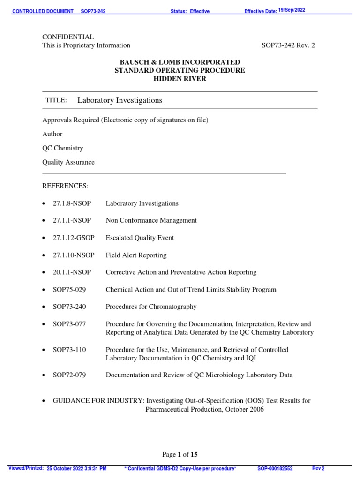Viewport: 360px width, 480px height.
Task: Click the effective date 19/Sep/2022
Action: pos(292,10)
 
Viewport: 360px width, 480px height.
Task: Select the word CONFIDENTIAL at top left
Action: pos(68,37)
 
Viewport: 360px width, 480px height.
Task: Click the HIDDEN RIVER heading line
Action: pos(180,79)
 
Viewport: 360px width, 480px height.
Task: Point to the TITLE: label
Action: pos(56,100)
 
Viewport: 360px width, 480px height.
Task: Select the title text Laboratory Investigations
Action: pos(120,100)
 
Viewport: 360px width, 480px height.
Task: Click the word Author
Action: pos(52,134)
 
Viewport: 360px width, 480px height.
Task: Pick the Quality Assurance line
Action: pos(68,162)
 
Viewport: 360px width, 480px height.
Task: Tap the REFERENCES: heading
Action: pos(65,186)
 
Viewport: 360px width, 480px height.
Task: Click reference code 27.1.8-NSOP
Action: pos(72,203)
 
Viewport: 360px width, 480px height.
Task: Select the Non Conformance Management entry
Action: pos(151,220)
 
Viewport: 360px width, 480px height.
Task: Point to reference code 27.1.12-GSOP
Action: pos(74,238)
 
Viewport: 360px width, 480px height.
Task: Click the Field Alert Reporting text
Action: pos(136,255)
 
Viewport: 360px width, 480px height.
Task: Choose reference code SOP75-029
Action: pos(69,290)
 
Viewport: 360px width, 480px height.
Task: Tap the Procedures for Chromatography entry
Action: pos(151,307)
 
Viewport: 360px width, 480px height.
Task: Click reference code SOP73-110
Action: pos(69,350)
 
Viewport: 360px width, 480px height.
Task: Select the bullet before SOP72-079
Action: pos(44,375)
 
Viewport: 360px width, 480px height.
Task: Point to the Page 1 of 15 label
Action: pos(180,454)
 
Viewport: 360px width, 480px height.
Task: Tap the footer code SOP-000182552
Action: pos(275,468)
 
